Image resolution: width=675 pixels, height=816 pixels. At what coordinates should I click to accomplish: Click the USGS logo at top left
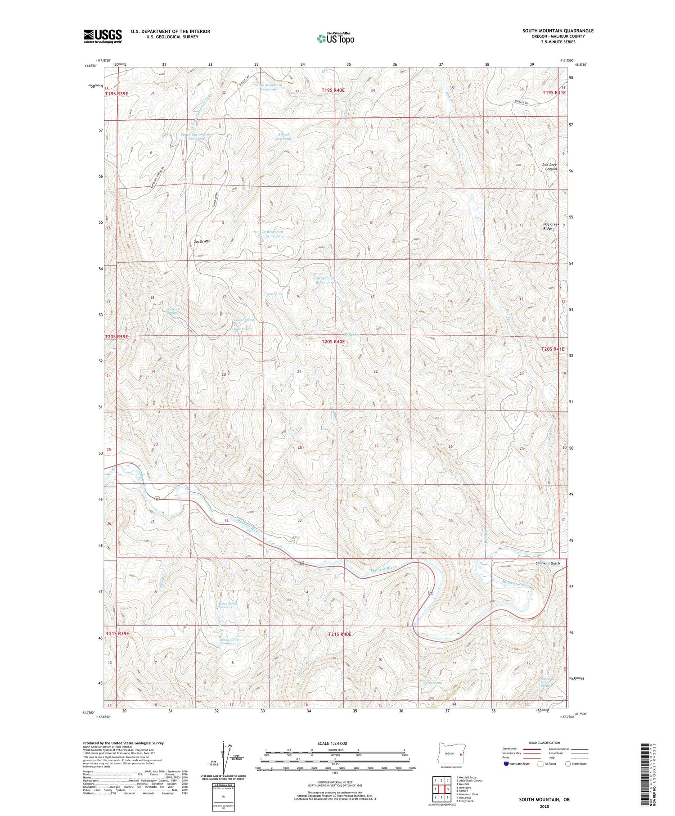coord(103,36)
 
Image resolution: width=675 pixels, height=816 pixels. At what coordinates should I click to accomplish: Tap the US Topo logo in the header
coord(335,39)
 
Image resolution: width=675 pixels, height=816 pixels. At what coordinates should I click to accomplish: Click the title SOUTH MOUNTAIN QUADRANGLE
coord(558,31)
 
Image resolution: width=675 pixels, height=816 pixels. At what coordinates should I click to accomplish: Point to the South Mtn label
coord(202,241)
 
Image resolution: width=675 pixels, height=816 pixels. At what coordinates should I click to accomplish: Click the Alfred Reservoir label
coord(283,137)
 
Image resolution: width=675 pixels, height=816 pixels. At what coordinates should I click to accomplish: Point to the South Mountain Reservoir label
coord(268,87)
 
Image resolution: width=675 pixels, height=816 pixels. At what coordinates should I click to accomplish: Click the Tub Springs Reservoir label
coord(323,280)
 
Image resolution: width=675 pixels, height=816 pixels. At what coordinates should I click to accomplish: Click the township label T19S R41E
coord(553,92)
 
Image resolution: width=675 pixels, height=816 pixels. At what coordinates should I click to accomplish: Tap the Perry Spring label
coord(433,683)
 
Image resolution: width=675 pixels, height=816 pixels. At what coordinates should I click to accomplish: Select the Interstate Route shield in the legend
coord(507,764)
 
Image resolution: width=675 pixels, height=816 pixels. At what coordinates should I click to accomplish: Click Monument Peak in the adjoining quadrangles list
coord(468,794)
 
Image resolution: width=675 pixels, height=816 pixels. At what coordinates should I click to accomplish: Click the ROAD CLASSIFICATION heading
coord(544,743)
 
